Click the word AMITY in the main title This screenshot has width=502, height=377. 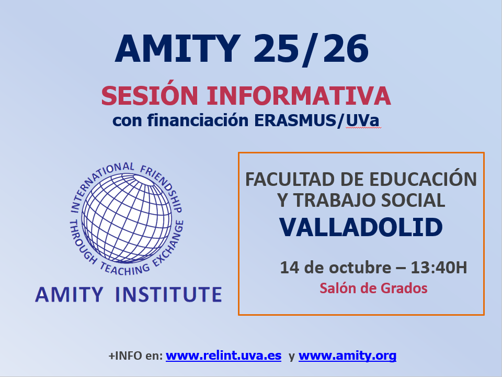click(x=178, y=48)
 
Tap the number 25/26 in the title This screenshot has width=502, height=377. click(x=311, y=49)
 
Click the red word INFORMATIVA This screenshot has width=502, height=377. click(x=299, y=95)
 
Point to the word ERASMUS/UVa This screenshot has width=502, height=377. click(x=317, y=121)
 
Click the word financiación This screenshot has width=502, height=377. click(x=198, y=121)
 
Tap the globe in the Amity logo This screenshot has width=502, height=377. click(x=127, y=218)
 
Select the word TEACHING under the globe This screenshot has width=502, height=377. click(x=125, y=269)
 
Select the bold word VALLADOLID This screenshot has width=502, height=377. click(x=361, y=227)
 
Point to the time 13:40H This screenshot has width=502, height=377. click(x=439, y=268)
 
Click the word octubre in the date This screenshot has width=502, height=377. click(x=360, y=268)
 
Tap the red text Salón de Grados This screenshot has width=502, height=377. click(x=373, y=288)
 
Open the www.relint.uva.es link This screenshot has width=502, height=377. click(x=223, y=356)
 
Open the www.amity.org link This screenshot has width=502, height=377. click(x=347, y=356)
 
